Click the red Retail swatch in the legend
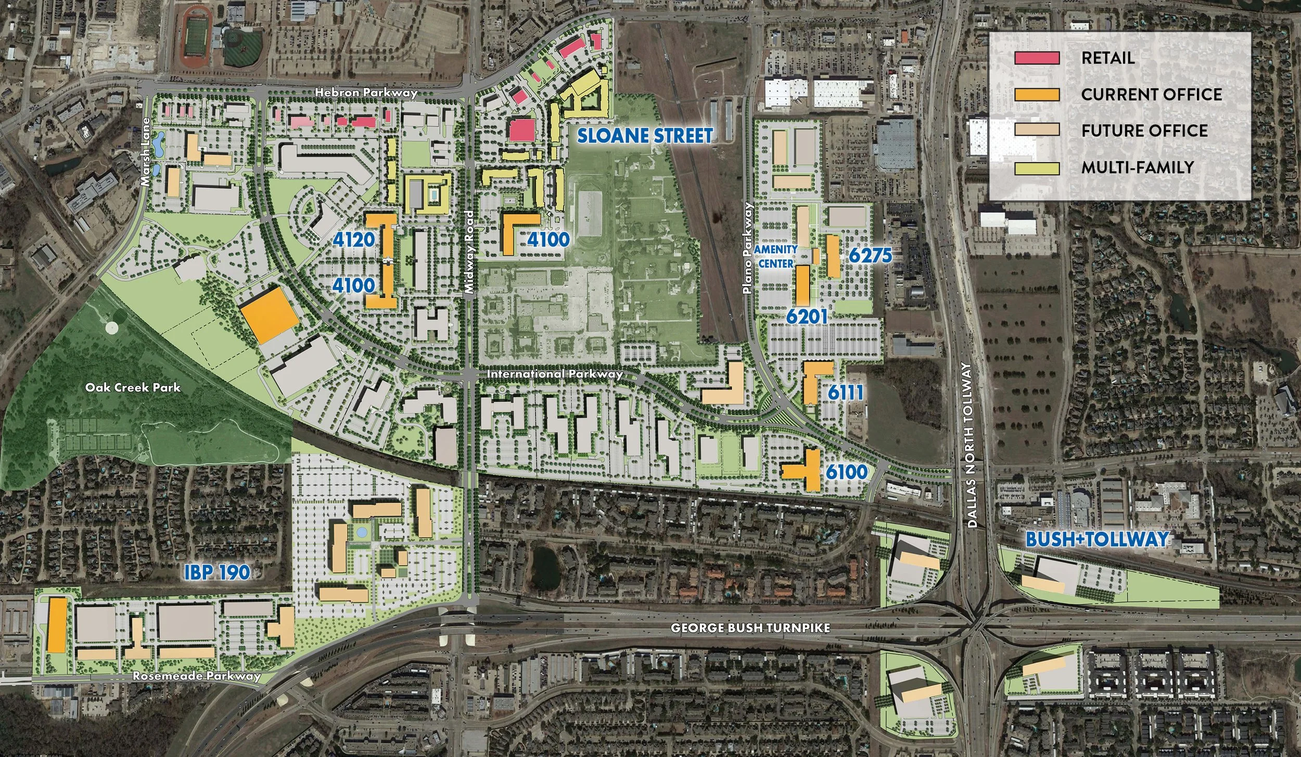pyautogui.click(x=1037, y=58)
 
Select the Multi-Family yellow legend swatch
pyautogui.click(x=1037, y=168)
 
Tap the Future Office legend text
pyautogui.click(x=1144, y=130)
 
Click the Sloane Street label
pyautogui.click(x=644, y=136)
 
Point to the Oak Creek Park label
pyautogui.click(x=133, y=387)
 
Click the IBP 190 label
pyautogui.click(x=217, y=572)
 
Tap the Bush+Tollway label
pyautogui.click(x=1097, y=539)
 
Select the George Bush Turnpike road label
pyautogui.click(x=750, y=628)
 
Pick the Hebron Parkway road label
pyautogui.click(x=366, y=93)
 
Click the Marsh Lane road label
pyautogui.click(x=145, y=152)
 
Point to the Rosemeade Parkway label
pyautogui.click(x=196, y=676)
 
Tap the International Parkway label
pyautogui.click(x=554, y=374)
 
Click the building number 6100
pyautogui.click(x=847, y=472)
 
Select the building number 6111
pyautogui.click(x=846, y=393)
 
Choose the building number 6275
pyautogui.click(x=870, y=255)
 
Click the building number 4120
pyautogui.click(x=354, y=240)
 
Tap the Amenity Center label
pyautogui.click(x=775, y=256)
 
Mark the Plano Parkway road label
pyautogui.click(x=748, y=249)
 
